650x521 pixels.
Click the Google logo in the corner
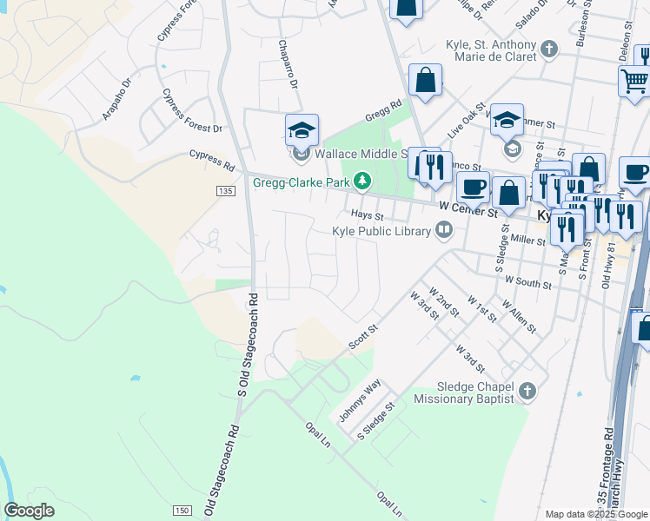coord(29,511)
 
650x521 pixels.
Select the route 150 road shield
coord(181,510)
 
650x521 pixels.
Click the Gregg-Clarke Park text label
coord(301,182)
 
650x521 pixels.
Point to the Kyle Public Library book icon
coord(444,230)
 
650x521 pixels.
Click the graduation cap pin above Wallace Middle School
coord(302,131)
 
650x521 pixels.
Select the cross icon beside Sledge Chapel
coord(526,392)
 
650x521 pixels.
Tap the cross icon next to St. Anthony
coord(548,49)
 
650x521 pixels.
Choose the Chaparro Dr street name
coord(288,65)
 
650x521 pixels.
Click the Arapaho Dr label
coord(116,99)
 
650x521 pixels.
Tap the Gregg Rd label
coord(383,108)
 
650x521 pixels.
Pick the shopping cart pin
coord(634,82)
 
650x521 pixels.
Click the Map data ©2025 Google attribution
coord(595,514)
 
